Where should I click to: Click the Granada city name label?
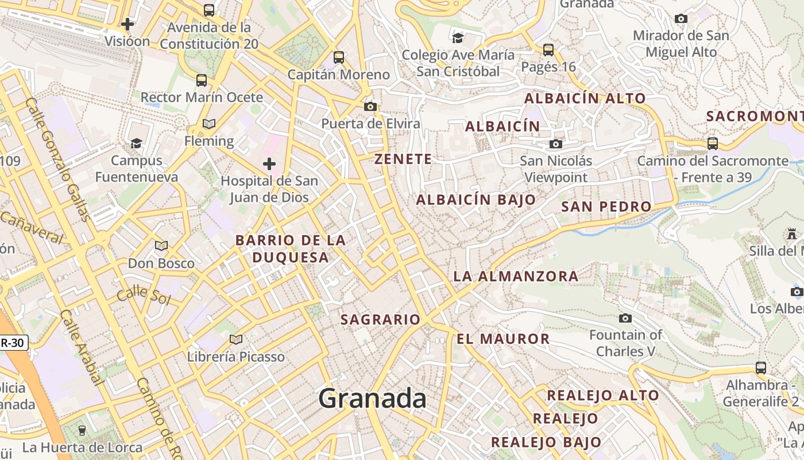point(372,398)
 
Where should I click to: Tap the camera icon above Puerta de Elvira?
point(370,106)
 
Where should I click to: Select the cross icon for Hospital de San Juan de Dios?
point(269,164)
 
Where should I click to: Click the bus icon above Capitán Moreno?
point(339,57)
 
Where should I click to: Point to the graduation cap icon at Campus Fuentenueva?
point(136,143)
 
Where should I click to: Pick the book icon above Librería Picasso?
point(235,339)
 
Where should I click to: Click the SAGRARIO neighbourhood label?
point(381,320)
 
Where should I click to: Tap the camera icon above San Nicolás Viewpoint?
point(555,144)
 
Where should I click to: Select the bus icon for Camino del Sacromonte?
point(713,143)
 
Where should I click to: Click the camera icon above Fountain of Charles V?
point(625,318)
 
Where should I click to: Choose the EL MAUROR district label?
point(503,339)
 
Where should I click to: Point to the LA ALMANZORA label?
point(516,276)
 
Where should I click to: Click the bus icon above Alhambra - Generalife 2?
point(761,367)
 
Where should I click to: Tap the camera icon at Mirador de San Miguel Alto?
point(681,18)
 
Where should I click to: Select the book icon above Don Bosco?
point(161,246)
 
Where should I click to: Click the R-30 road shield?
point(13,343)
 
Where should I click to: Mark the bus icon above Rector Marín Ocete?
point(202,80)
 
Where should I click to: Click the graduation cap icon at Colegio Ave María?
point(458,38)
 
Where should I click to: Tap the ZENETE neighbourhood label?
point(403,159)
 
